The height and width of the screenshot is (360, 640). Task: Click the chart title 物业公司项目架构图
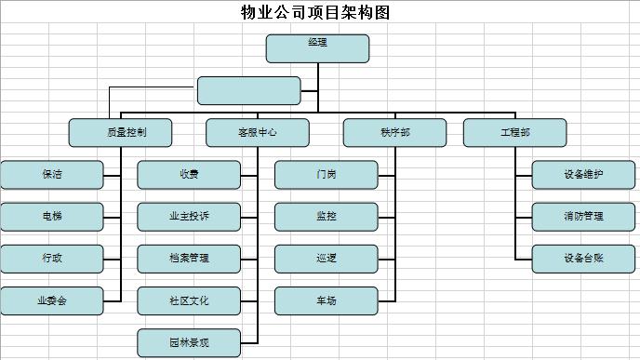[x=315, y=13]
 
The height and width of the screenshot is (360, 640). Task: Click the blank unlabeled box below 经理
[x=248, y=90]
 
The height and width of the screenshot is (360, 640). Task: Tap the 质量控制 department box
[x=120, y=132]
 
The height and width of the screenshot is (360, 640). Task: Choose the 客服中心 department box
[x=257, y=132]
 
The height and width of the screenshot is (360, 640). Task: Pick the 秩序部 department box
[x=394, y=132]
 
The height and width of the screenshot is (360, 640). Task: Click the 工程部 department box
[x=514, y=132]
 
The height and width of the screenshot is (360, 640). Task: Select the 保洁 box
[x=52, y=174]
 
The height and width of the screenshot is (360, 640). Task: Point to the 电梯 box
[x=52, y=217]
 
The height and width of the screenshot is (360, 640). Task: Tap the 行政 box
[x=52, y=259]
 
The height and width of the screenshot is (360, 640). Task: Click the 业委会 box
[x=52, y=300]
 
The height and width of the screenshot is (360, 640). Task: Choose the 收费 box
[x=189, y=174]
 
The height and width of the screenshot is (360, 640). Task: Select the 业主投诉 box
[x=189, y=217]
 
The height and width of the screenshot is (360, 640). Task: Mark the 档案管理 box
[x=189, y=259]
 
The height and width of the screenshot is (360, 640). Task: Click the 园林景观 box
[x=189, y=343]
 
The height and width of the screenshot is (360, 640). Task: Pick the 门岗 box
[x=326, y=174]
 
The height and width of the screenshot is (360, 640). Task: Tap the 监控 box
[x=326, y=217]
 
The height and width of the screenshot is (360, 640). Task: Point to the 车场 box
[x=326, y=300]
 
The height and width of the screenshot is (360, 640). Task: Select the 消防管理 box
[x=583, y=217]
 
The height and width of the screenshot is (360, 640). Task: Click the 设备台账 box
[x=583, y=259]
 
